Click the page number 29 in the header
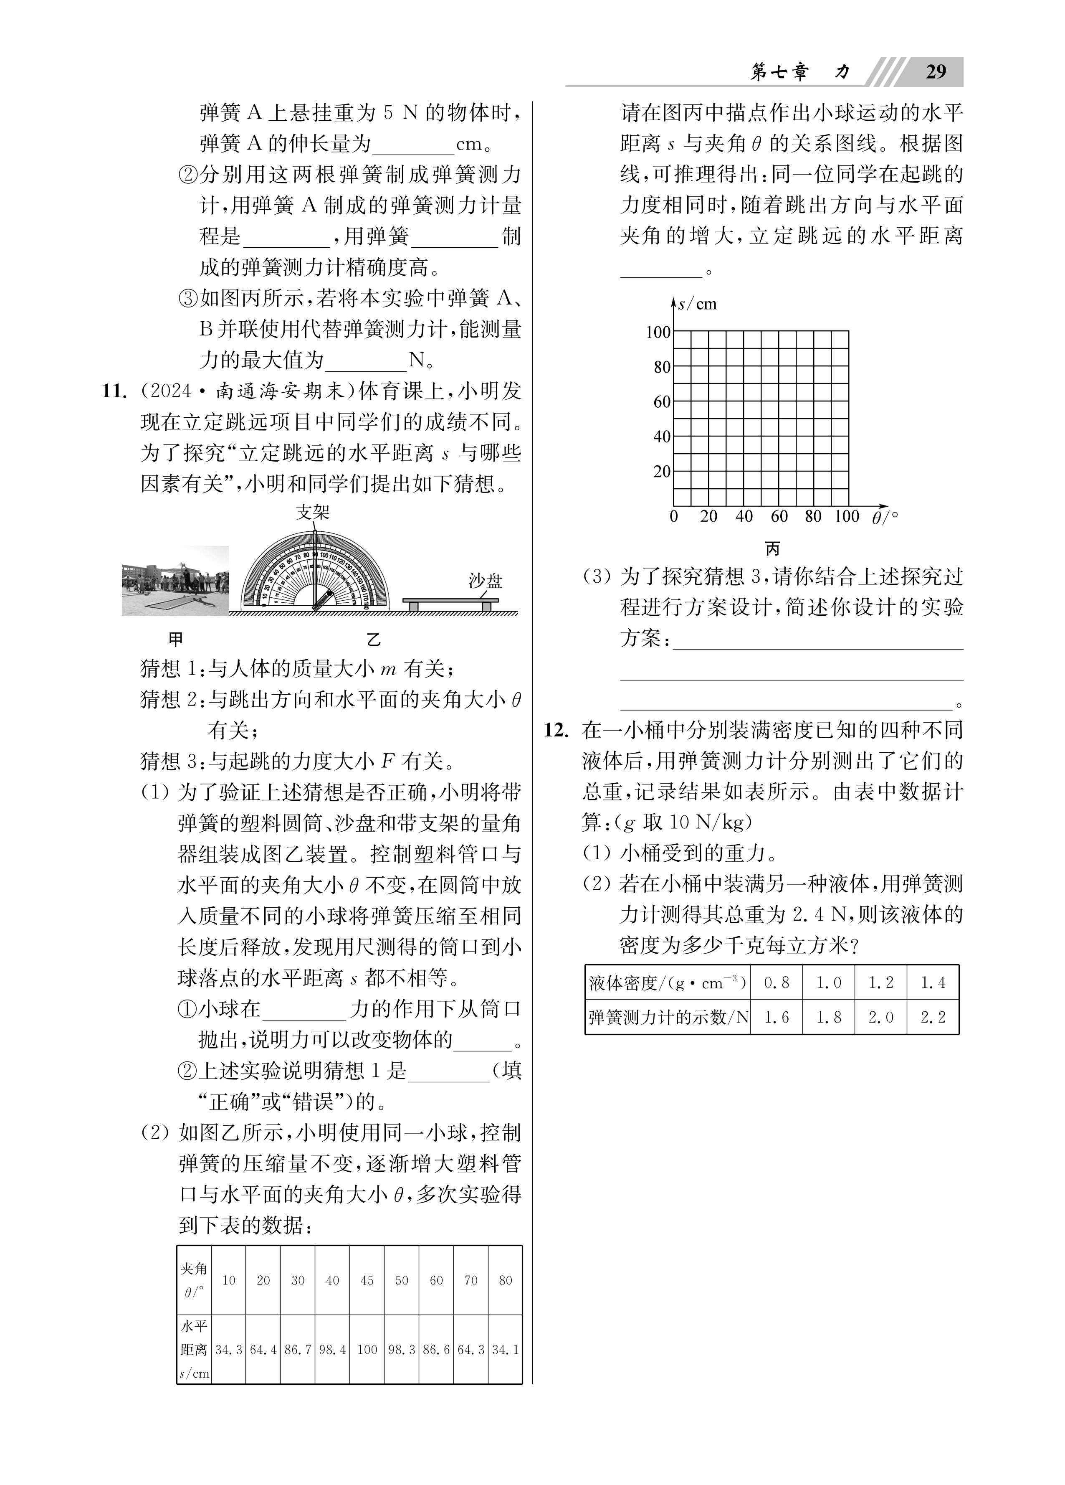click(936, 71)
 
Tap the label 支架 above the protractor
click(312, 512)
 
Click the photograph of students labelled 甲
click(175, 581)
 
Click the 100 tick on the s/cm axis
click(658, 332)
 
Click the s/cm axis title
click(698, 304)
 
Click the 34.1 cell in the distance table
click(505, 1350)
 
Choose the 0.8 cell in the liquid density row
click(777, 983)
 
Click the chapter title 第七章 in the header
click(779, 72)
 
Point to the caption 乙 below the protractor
click(373, 640)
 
